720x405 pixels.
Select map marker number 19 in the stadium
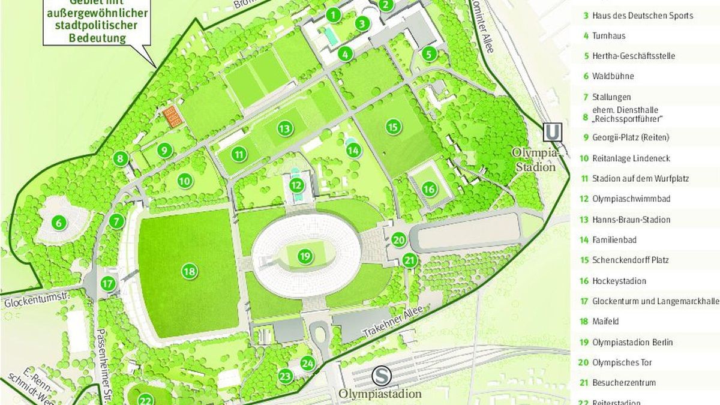pos(305,257)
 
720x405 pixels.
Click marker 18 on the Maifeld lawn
pos(190,272)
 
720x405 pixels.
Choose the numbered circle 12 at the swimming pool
pos(295,185)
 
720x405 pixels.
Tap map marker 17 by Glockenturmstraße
pos(108,284)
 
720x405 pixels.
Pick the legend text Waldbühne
pos(613,76)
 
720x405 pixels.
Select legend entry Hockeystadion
pos(619,281)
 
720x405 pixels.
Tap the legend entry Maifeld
pos(606,322)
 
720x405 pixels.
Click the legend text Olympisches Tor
pos(622,362)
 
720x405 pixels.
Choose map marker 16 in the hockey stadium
pos(429,189)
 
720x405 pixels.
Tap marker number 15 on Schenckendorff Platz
pos(393,127)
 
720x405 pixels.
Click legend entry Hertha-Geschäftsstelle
pos(633,56)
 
